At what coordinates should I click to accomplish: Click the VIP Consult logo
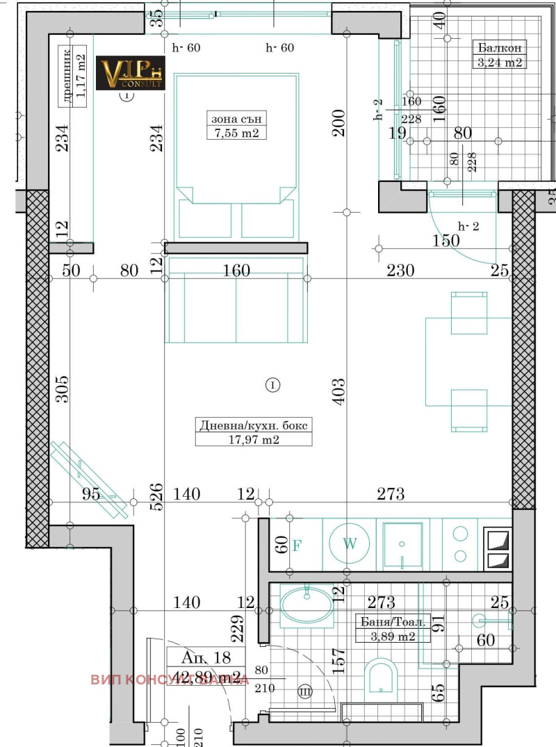130,74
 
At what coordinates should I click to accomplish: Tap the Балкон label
498,48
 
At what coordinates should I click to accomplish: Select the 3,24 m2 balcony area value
498,63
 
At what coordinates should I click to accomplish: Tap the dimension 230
401,270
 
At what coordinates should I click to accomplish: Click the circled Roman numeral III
305,691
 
